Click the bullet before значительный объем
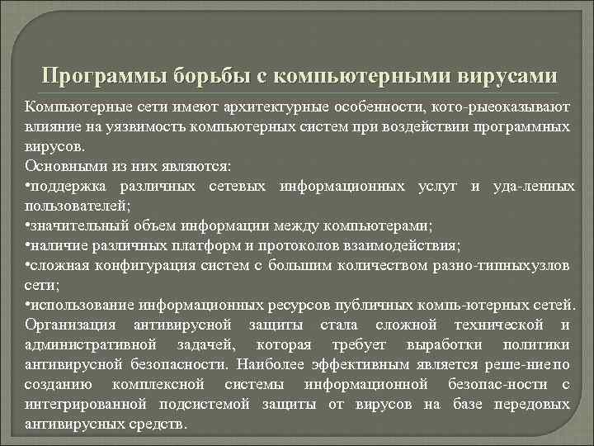(x=27, y=225)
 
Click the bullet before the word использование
(x=27, y=304)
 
